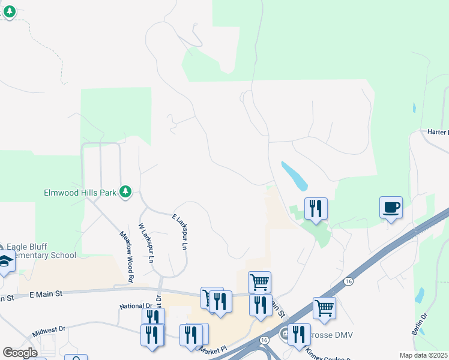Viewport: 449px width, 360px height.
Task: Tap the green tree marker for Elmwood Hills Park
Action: (x=125, y=192)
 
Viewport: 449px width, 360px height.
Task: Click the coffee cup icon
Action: (x=391, y=208)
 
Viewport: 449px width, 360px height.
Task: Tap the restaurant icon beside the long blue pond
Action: (x=316, y=209)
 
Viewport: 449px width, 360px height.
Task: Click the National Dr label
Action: (x=136, y=306)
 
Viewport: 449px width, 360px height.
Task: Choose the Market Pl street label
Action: (x=213, y=349)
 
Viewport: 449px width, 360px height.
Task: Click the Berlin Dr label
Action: (x=418, y=324)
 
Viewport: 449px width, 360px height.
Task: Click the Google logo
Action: (x=20, y=353)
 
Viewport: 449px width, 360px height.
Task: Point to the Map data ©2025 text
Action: (x=423, y=355)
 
